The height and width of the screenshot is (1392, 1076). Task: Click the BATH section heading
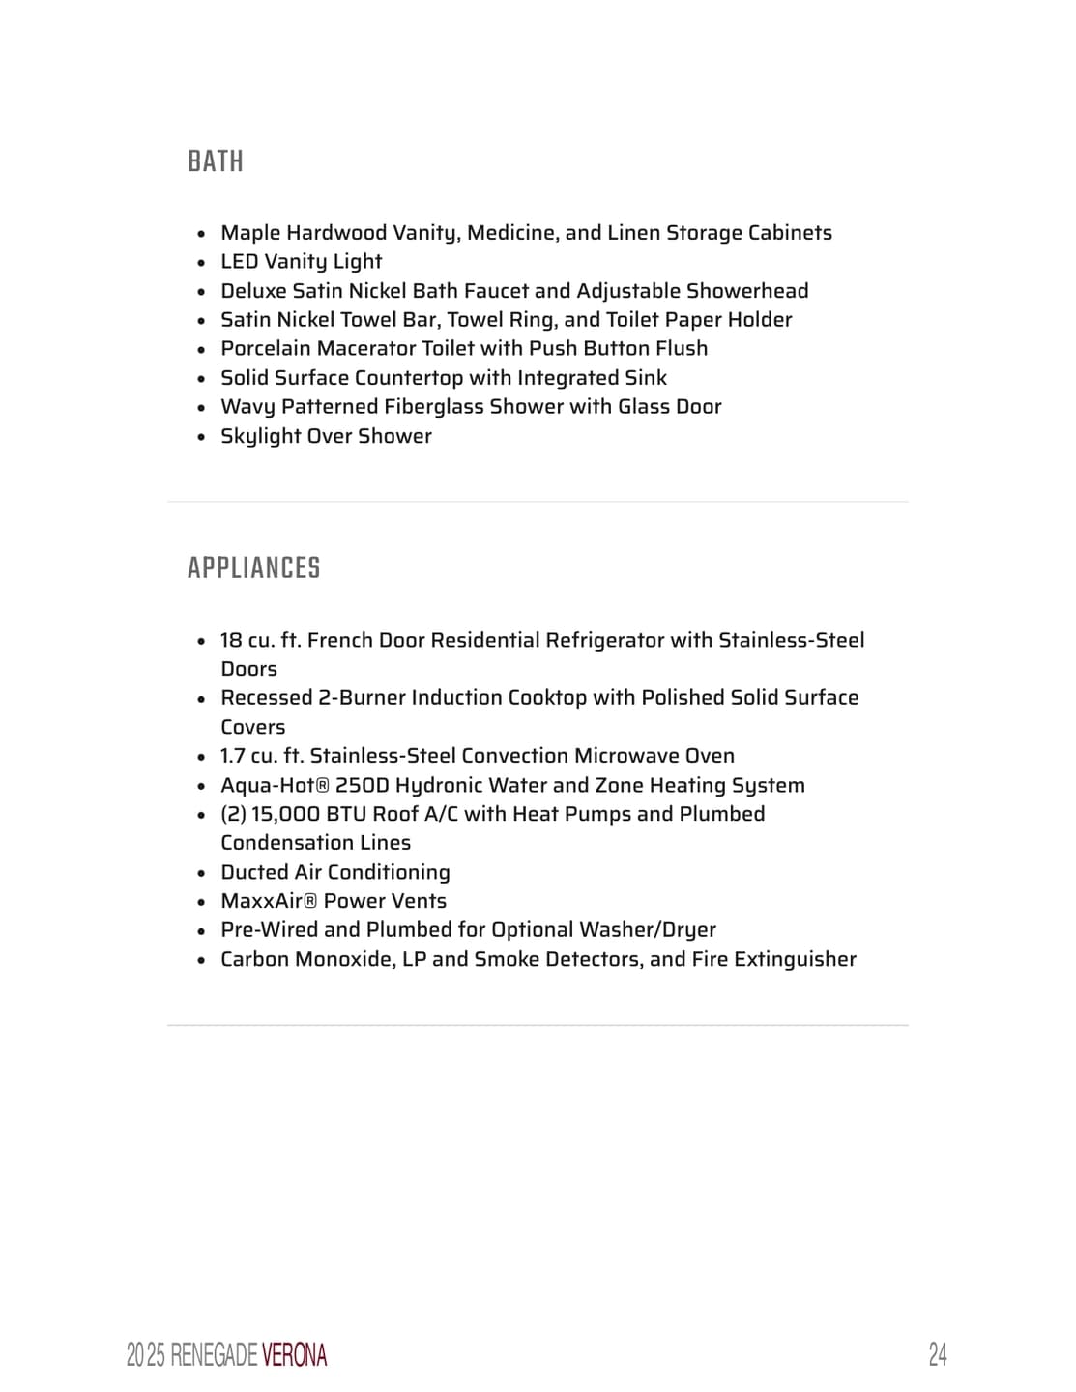tap(216, 161)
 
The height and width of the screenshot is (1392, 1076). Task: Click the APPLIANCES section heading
tap(253, 568)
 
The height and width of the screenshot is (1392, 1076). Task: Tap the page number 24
tap(937, 1354)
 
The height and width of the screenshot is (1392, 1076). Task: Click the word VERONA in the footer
tap(294, 1355)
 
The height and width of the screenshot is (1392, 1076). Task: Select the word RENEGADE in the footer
tap(214, 1355)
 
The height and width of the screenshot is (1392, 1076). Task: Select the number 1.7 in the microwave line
tap(232, 756)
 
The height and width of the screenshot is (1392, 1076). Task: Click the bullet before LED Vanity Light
tap(201, 263)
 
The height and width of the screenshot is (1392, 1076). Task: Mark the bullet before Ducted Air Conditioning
tap(201, 873)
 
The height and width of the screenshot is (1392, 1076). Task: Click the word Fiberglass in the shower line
tap(434, 407)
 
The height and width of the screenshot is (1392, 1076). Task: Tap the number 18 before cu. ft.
tap(231, 640)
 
